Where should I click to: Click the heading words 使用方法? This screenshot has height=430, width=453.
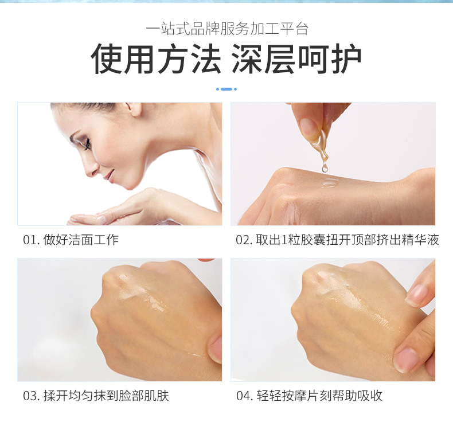(x=156, y=58)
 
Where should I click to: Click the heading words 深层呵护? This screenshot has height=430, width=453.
(x=296, y=58)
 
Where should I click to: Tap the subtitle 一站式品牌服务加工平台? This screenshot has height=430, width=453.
(x=227, y=29)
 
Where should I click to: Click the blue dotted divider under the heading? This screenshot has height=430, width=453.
(x=226, y=89)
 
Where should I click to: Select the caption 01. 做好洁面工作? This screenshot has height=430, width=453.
(x=71, y=240)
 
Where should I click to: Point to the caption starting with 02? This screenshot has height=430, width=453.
(x=337, y=240)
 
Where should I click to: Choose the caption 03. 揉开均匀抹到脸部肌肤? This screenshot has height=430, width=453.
(x=96, y=396)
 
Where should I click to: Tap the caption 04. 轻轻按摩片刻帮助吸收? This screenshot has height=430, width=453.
(x=309, y=396)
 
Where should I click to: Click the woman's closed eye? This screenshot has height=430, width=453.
(x=86, y=143)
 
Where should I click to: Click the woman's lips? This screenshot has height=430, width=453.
(x=109, y=175)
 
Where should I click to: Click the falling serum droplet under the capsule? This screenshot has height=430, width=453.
(x=325, y=167)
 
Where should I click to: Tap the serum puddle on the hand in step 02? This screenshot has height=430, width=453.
(x=329, y=183)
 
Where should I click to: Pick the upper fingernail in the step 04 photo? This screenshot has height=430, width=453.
(x=417, y=295)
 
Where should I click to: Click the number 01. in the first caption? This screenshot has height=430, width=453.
(x=31, y=240)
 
